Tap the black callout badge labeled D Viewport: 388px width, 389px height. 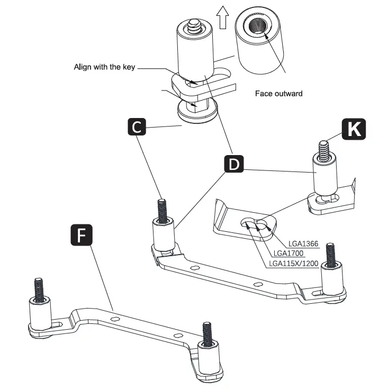pyautogui.click(x=234, y=164)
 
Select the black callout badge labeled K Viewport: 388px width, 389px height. pyautogui.click(x=353, y=130)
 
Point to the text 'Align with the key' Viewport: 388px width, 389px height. pyautogui.click(x=104, y=67)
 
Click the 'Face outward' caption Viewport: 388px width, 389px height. pyautogui.click(x=278, y=93)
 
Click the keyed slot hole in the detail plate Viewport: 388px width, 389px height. pyautogui.click(x=255, y=223)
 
